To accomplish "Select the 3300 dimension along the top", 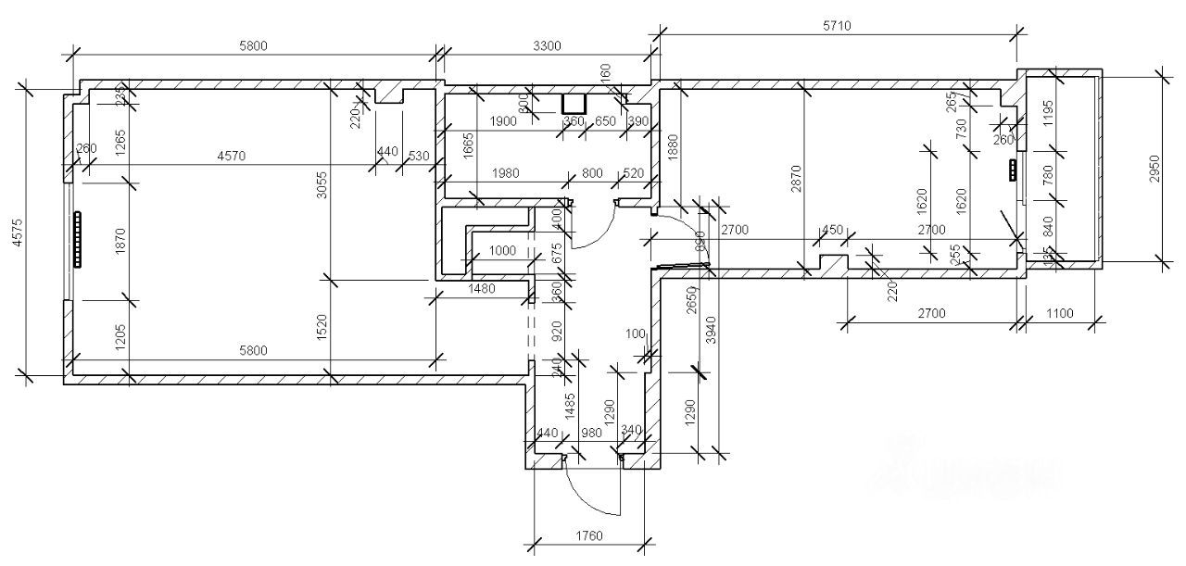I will click(546, 45).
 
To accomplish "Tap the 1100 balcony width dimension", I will click(1057, 313).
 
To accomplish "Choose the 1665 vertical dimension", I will click(469, 146).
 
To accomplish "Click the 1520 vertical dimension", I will click(322, 326).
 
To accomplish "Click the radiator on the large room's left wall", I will click(78, 241).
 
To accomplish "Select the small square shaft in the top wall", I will click(574, 104).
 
